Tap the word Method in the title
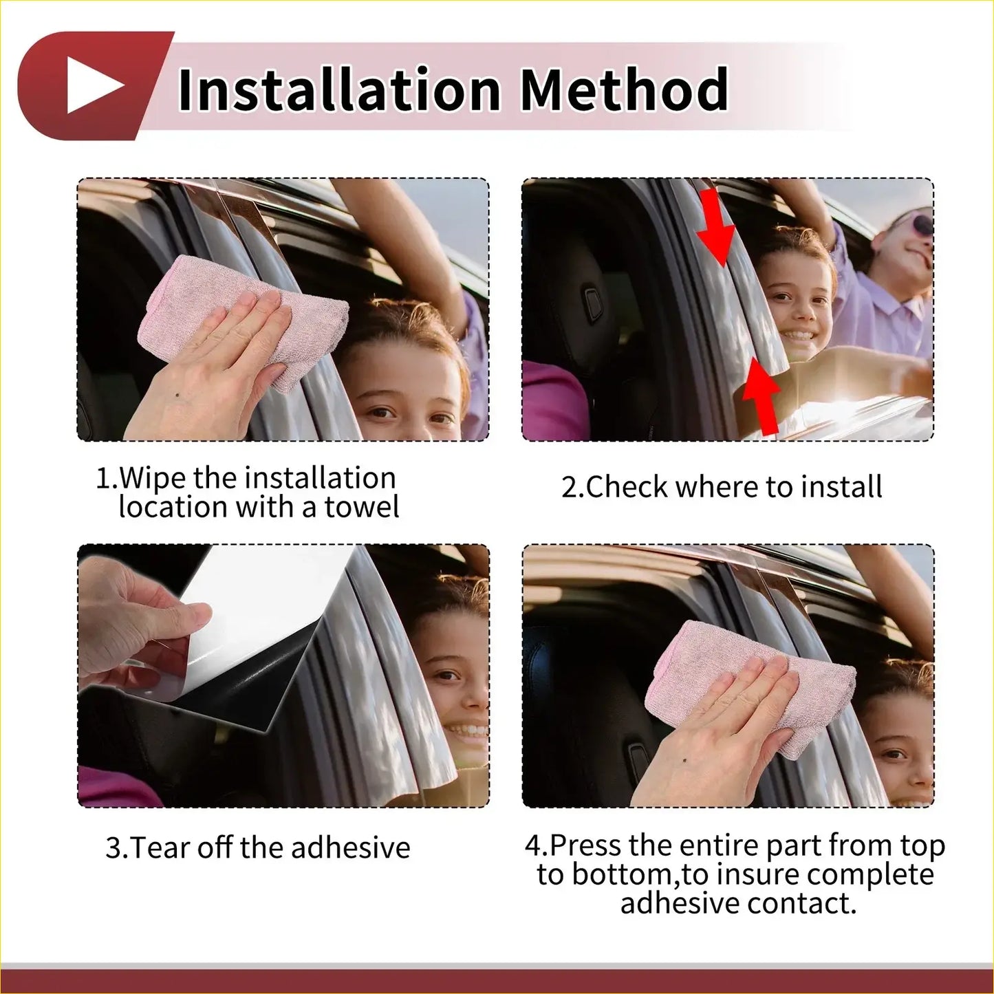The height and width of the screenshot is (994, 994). click(x=623, y=90)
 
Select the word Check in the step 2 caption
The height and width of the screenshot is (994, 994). click(x=626, y=487)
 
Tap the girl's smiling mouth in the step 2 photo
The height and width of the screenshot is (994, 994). click(x=800, y=337)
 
